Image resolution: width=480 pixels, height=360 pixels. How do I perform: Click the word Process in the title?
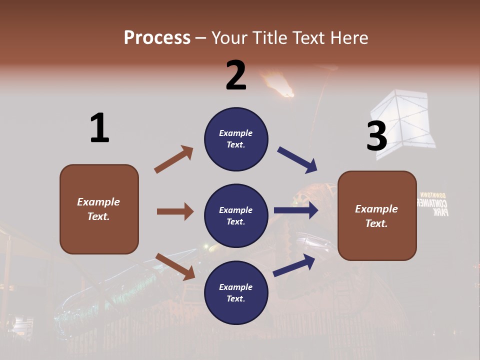pyautogui.click(x=157, y=37)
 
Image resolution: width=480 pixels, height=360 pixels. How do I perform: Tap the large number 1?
pyautogui.click(x=99, y=128)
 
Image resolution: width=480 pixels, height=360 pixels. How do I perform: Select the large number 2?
pyautogui.click(x=236, y=75)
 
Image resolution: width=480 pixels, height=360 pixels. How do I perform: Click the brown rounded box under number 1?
pyautogui.click(x=99, y=209)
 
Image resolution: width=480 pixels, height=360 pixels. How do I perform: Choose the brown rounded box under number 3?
pyautogui.click(x=377, y=215)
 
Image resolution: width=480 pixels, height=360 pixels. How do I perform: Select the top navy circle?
pyautogui.click(x=236, y=139)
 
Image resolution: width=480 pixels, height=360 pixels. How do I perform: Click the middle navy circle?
pyautogui.click(x=236, y=215)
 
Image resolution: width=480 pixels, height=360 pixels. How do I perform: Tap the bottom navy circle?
pyautogui.click(x=236, y=292)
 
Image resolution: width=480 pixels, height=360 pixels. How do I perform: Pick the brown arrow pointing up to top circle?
pyautogui.click(x=173, y=159)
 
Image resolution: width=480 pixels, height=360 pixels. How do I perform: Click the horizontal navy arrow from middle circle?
pyautogui.click(x=296, y=210)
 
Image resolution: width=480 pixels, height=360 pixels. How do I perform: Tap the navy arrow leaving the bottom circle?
pyautogui.click(x=294, y=265)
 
